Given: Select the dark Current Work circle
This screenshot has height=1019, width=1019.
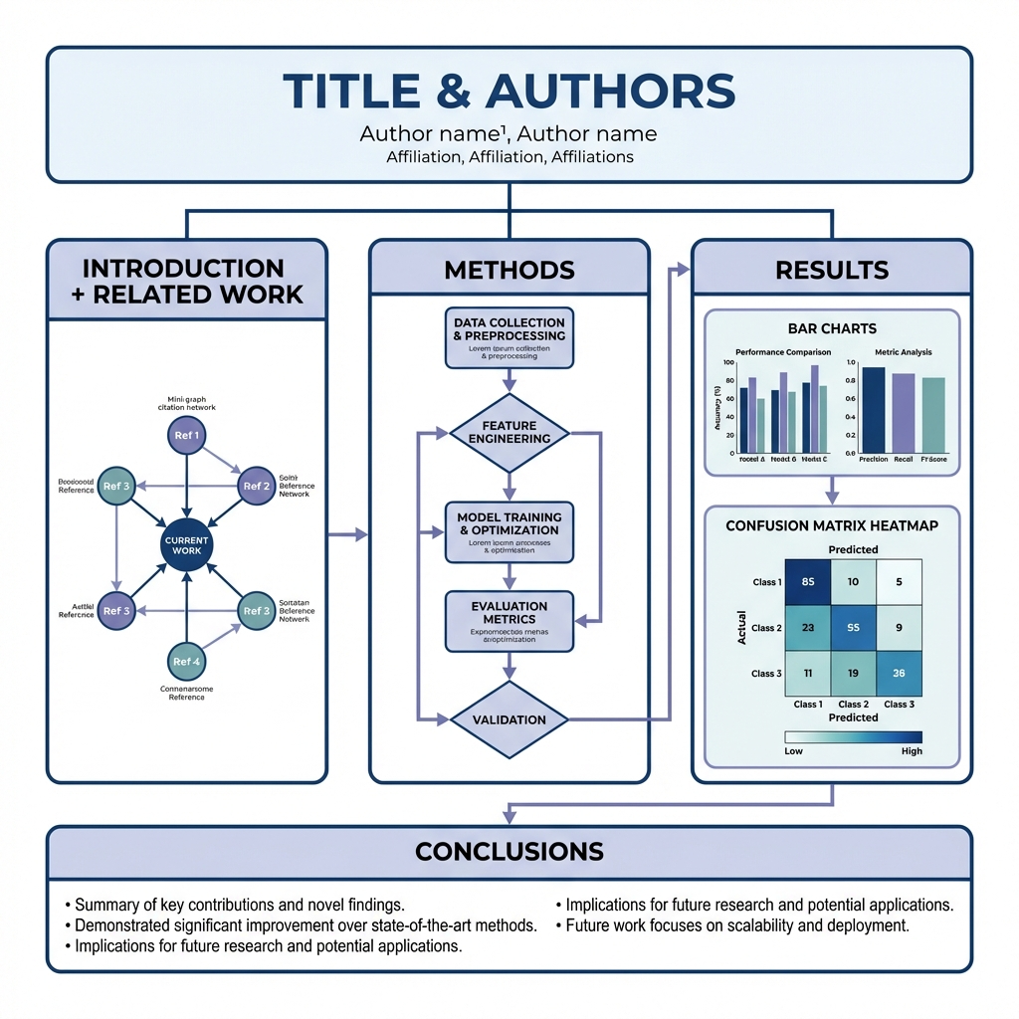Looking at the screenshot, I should pyautogui.click(x=187, y=544).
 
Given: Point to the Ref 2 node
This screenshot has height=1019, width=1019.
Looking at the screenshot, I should pyautogui.click(x=257, y=486).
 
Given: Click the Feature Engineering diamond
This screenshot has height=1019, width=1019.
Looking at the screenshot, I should pyautogui.click(x=509, y=433).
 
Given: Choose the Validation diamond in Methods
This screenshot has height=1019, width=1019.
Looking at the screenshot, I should pyautogui.click(x=509, y=719).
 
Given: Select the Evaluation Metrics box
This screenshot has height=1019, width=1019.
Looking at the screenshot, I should pyautogui.click(x=509, y=620).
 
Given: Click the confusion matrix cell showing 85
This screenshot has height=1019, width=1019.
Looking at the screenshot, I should pyautogui.click(x=807, y=581).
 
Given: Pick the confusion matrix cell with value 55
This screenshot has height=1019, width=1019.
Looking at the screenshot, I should pyautogui.click(x=853, y=628).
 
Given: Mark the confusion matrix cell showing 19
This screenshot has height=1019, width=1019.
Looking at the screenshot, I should pyautogui.click(x=853, y=673).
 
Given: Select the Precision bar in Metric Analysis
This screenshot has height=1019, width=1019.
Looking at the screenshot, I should pyautogui.click(x=873, y=410).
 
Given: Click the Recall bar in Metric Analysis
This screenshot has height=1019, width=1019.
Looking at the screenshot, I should pyautogui.click(x=903, y=413).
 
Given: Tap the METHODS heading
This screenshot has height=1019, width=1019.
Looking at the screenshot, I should pyautogui.click(x=509, y=270).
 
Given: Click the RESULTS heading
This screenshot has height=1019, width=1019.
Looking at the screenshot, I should pyautogui.click(x=831, y=270).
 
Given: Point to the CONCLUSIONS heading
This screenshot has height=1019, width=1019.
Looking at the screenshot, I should pyautogui.click(x=509, y=851).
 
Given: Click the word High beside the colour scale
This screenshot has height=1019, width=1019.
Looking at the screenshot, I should pyautogui.click(x=912, y=751).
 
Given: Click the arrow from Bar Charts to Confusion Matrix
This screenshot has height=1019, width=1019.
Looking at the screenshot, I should pyautogui.click(x=832, y=489).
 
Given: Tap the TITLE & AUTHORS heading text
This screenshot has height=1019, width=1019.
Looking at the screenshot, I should pyautogui.click(x=509, y=92).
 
